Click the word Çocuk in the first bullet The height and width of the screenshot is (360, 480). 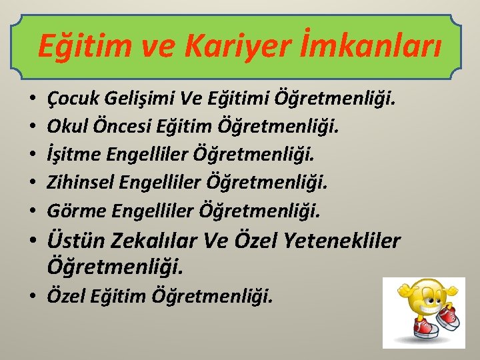[70, 101]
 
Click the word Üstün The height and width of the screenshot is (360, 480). [74, 241]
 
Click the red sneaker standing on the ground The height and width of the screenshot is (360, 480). [425, 328]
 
